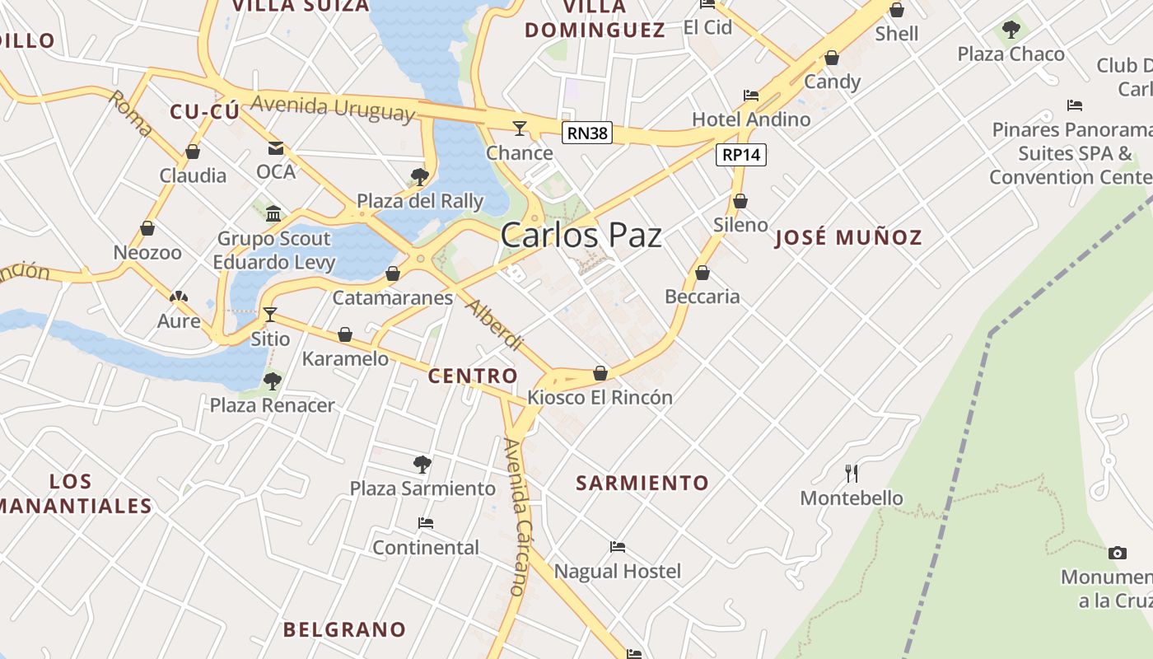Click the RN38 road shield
coord(588,133)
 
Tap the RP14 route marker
coord(741,154)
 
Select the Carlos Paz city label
coord(581,236)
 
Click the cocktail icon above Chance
coord(520,128)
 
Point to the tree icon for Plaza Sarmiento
coord(422,465)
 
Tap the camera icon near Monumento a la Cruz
coord(1117,553)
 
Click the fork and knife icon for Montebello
coord(852,474)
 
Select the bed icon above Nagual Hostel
coord(618,547)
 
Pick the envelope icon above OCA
coord(276,148)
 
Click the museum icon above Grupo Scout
coord(273,215)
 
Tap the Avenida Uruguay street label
coord(333,108)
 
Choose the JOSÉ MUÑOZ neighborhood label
coord(848,238)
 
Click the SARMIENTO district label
coord(642,483)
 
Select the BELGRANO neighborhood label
coord(344,629)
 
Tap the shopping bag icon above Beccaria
coord(703,273)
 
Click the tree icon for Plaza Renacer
coord(272,381)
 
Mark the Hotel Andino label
coord(751,119)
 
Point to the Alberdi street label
coord(494,324)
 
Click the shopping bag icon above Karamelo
coord(345,334)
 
